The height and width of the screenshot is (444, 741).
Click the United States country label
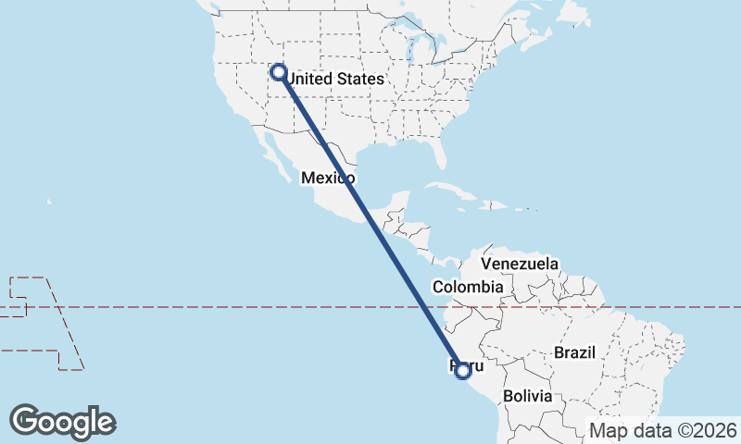pos(333,80)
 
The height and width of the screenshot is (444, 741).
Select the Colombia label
pos(468,287)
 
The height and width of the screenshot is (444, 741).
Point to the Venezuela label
pos(520,264)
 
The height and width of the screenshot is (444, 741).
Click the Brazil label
pos(573,352)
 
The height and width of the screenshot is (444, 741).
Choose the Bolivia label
pos(527,396)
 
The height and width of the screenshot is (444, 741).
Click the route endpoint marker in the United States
pos(277,70)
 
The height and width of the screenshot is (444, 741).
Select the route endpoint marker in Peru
pos(463,371)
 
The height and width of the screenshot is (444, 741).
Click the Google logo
pos(63,421)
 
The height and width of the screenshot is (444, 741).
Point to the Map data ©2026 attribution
pos(663,430)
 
